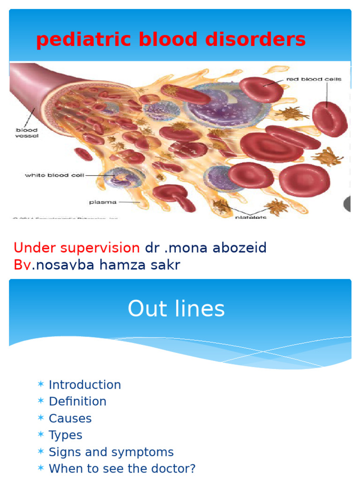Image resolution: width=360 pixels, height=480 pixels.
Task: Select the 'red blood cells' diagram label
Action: [314, 79]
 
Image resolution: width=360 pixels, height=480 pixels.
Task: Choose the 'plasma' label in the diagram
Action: [100, 202]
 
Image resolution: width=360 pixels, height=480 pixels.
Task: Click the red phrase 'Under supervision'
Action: [76, 247]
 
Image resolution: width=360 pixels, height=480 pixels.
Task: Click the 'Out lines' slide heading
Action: [176, 309]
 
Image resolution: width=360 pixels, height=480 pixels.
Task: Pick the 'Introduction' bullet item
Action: [85, 385]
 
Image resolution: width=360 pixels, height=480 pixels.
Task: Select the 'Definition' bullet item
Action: [77, 402]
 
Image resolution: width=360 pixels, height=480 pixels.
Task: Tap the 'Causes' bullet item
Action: [70, 418]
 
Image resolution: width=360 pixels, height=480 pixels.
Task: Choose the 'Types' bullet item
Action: [66, 435]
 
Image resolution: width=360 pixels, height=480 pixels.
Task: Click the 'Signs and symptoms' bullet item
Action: [111, 452]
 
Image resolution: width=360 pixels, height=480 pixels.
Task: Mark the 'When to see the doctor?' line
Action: [122, 468]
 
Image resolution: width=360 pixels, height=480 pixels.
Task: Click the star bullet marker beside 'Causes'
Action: [41, 418]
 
